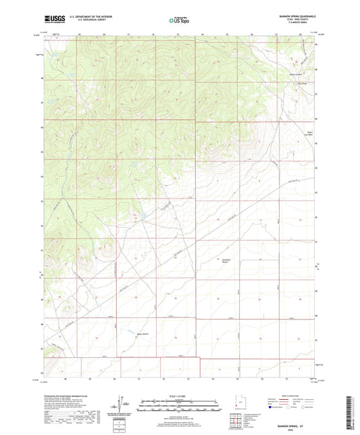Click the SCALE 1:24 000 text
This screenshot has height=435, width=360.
(178, 395)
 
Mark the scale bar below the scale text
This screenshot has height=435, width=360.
(178, 406)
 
